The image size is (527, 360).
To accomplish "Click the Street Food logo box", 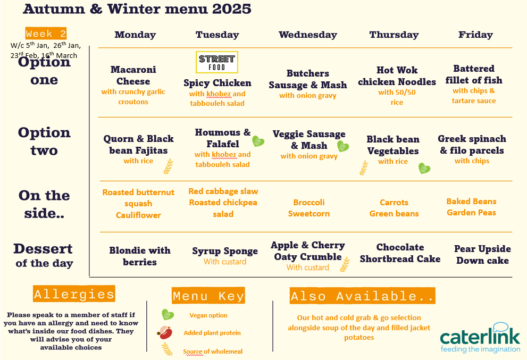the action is pyautogui.click(x=217, y=62).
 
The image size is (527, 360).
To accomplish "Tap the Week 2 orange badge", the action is pyautogui.click(x=46, y=34).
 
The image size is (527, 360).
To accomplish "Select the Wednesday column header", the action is pyautogui.click(x=308, y=35).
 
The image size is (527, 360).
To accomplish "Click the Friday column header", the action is pyautogui.click(x=475, y=35).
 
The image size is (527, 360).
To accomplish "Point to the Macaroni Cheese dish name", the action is pyautogui.click(x=133, y=76).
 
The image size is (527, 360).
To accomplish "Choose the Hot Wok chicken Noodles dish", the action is pyautogui.click(x=397, y=76).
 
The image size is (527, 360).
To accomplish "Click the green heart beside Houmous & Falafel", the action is pyautogui.click(x=258, y=141).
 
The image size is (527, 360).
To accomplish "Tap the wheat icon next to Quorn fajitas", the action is pyautogui.click(x=169, y=166).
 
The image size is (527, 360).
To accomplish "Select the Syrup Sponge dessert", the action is pyautogui.click(x=225, y=251).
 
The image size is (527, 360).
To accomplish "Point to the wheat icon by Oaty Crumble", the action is pyautogui.click(x=345, y=264).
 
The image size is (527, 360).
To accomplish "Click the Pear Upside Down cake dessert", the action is pyautogui.click(x=483, y=255).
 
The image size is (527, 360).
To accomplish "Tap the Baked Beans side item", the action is pyautogui.click(x=471, y=202).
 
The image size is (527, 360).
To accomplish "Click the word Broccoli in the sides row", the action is pyautogui.click(x=309, y=203).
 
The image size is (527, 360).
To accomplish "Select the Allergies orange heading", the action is pyautogui.click(x=74, y=294).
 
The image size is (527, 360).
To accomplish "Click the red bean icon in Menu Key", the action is pyautogui.click(x=165, y=332).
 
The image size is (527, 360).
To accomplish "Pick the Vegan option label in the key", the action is pyautogui.click(x=208, y=315).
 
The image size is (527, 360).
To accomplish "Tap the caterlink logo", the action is pyautogui.click(x=480, y=338).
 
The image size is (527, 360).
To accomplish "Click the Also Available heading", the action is pyautogui.click(x=362, y=296).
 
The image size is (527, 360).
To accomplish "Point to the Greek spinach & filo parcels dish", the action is pyautogui.click(x=472, y=145).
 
